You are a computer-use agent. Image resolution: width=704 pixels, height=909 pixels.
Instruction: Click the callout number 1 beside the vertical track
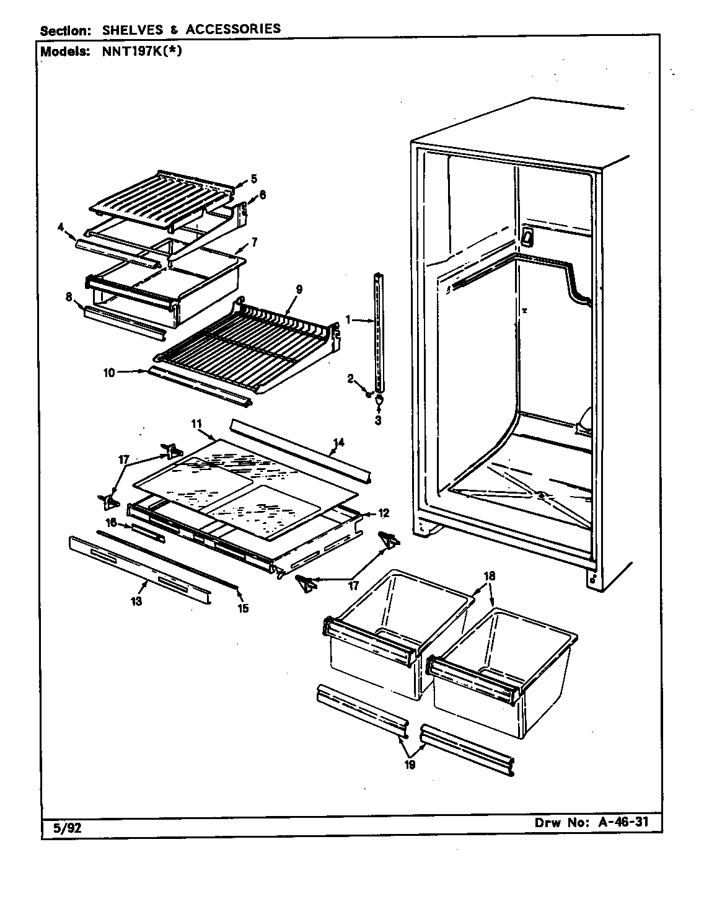[x=348, y=320]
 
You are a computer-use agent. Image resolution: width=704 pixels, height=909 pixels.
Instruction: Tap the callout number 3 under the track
[x=379, y=419]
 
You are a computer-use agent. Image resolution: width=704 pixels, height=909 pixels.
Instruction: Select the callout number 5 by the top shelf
[x=253, y=179]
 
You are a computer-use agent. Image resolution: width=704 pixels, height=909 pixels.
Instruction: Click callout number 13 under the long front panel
[x=136, y=601]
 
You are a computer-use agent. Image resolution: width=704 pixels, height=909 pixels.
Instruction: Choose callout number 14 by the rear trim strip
[x=338, y=443]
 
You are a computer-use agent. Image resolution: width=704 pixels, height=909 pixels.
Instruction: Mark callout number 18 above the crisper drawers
[x=490, y=576]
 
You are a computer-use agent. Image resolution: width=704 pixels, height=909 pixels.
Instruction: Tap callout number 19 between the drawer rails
[x=410, y=764]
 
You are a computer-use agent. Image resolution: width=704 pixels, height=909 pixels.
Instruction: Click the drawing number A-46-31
[x=620, y=824]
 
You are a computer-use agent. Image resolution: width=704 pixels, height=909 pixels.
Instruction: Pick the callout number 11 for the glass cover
[x=196, y=424]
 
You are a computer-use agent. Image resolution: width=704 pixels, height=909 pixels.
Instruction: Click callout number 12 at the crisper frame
[x=384, y=513]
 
